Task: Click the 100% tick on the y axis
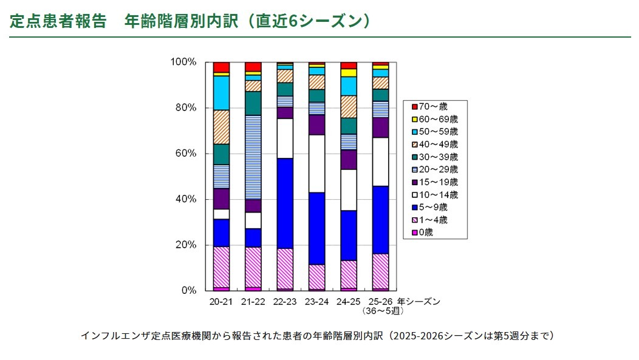(x=183, y=62)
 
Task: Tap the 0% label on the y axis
(x=188, y=291)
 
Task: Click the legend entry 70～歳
(x=434, y=106)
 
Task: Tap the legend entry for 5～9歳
(x=435, y=207)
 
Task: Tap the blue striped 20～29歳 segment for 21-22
(x=253, y=157)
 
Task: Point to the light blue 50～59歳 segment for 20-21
(x=221, y=93)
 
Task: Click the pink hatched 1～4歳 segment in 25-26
(x=380, y=271)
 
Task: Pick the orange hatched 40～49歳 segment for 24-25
(x=349, y=107)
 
